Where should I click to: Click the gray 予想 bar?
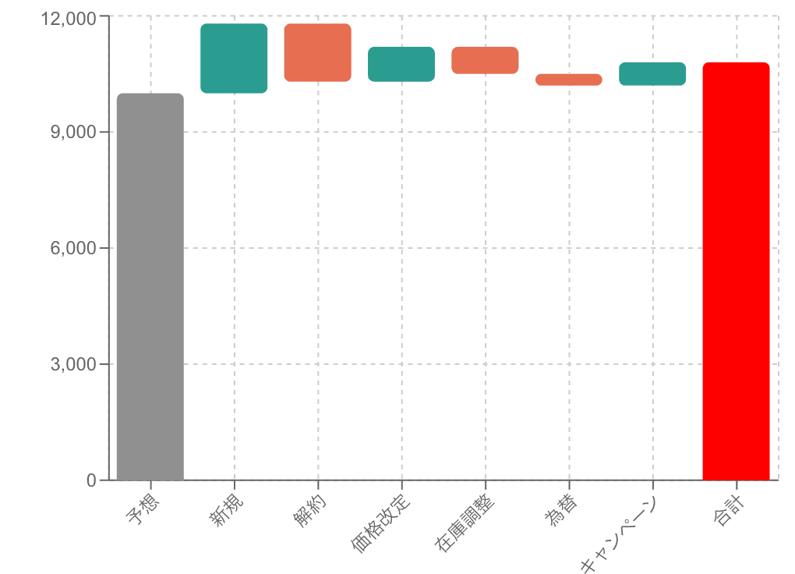point(150,286)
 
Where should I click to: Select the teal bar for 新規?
point(234,58)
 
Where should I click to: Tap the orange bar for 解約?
point(317,52)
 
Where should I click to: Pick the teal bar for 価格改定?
point(401,64)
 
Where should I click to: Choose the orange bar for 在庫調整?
point(485,61)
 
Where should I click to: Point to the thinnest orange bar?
point(568,80)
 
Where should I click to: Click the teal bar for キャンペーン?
point(652,73)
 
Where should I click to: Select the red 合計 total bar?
point(736,271)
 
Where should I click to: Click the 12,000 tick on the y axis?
point(69,18)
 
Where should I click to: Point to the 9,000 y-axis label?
point(74,133)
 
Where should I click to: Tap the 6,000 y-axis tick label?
point(74,249)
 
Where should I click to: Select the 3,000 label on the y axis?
point(74,364)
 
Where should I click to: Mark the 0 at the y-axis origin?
point(92,480)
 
